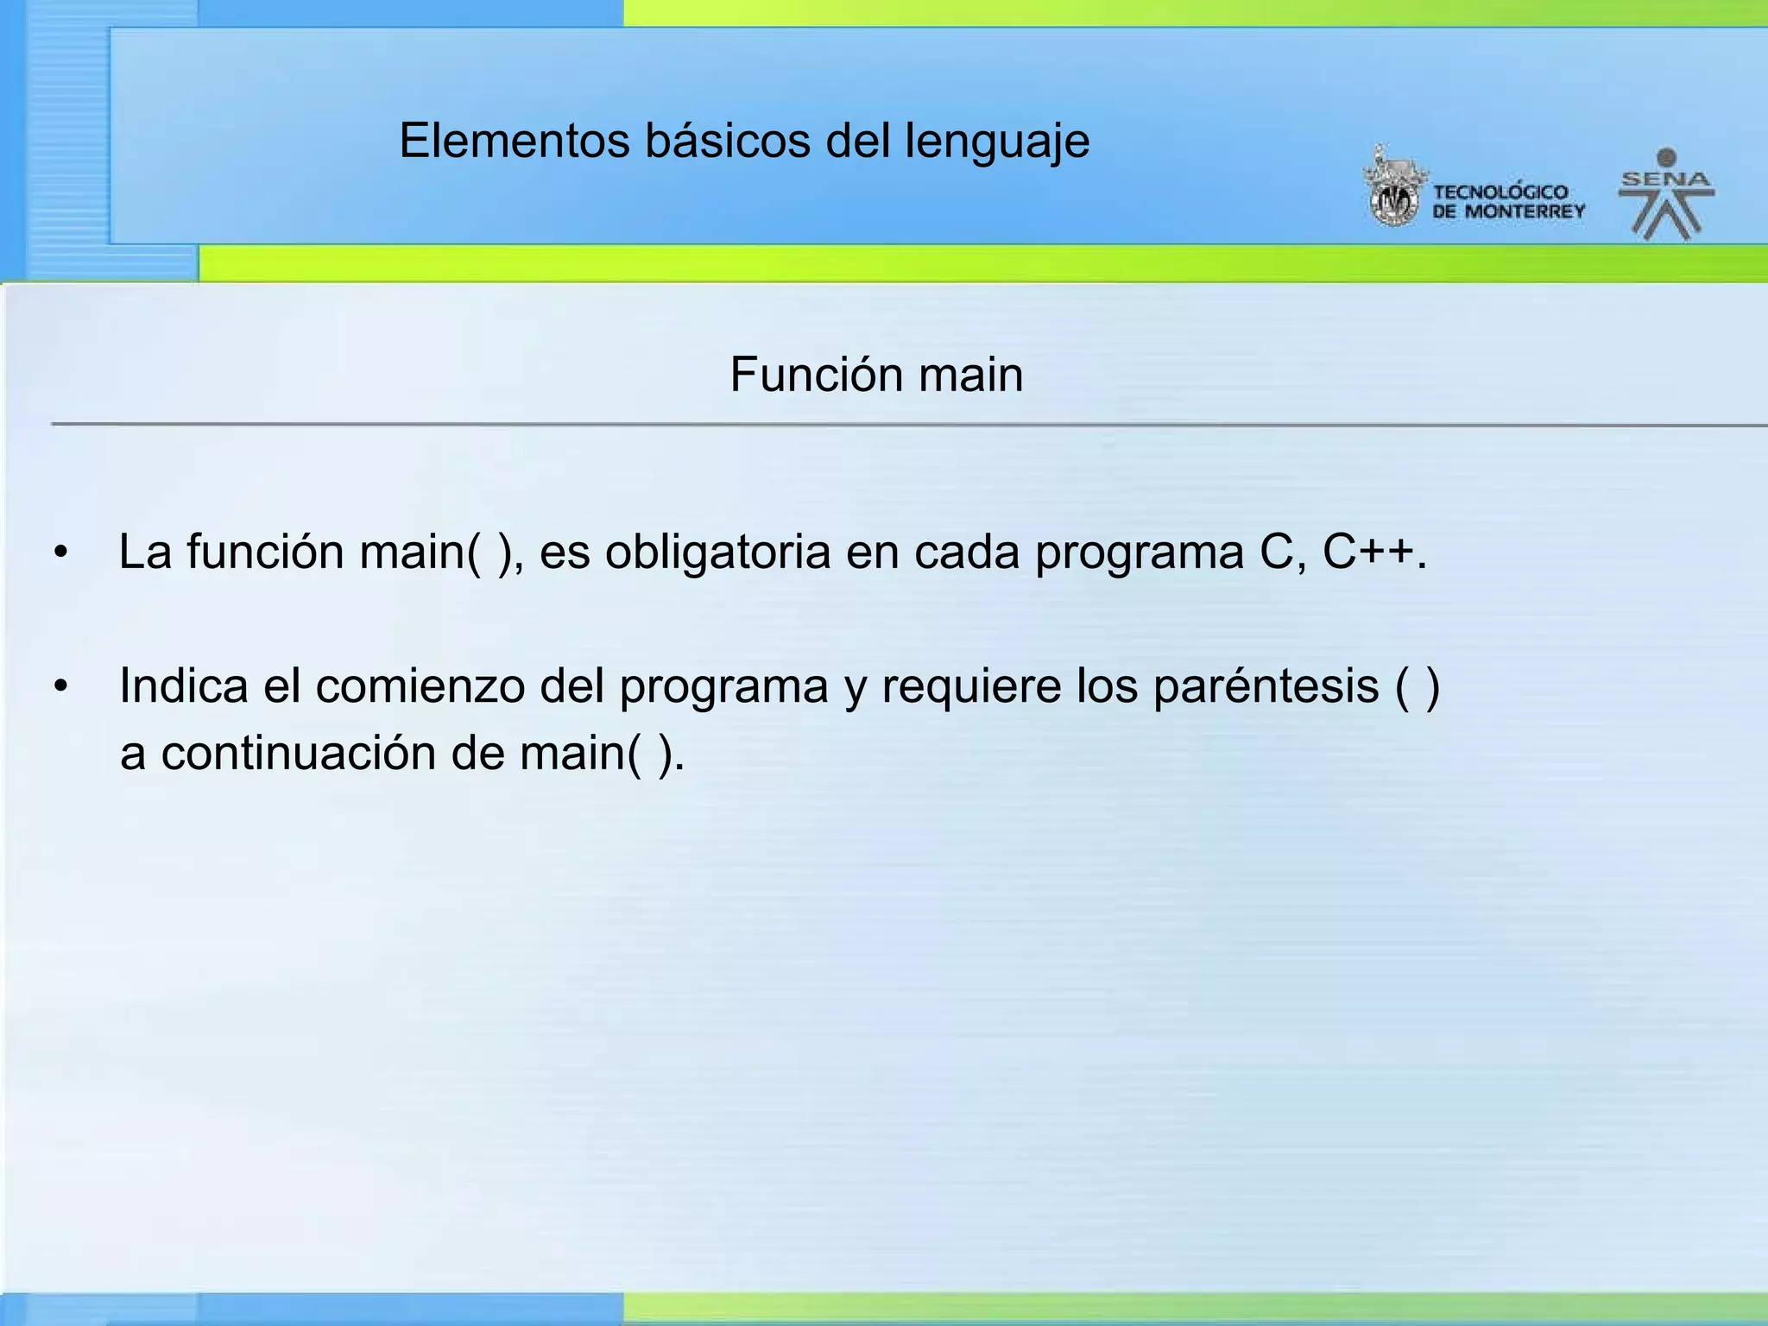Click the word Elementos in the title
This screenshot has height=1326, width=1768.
point(515,141)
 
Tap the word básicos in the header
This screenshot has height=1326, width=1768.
point(727,141)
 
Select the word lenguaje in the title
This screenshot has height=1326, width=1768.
point(997,142)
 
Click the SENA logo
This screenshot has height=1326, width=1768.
point(1666,194)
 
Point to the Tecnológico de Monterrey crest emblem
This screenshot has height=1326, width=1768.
point(1393,189)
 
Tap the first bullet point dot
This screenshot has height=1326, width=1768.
point(60,552)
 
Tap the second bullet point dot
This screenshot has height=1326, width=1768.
point(60,687)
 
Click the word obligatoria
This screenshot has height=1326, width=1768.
point(717,552)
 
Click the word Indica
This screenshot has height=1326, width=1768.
point(183,686)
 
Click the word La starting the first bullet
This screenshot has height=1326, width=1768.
point(145,552)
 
